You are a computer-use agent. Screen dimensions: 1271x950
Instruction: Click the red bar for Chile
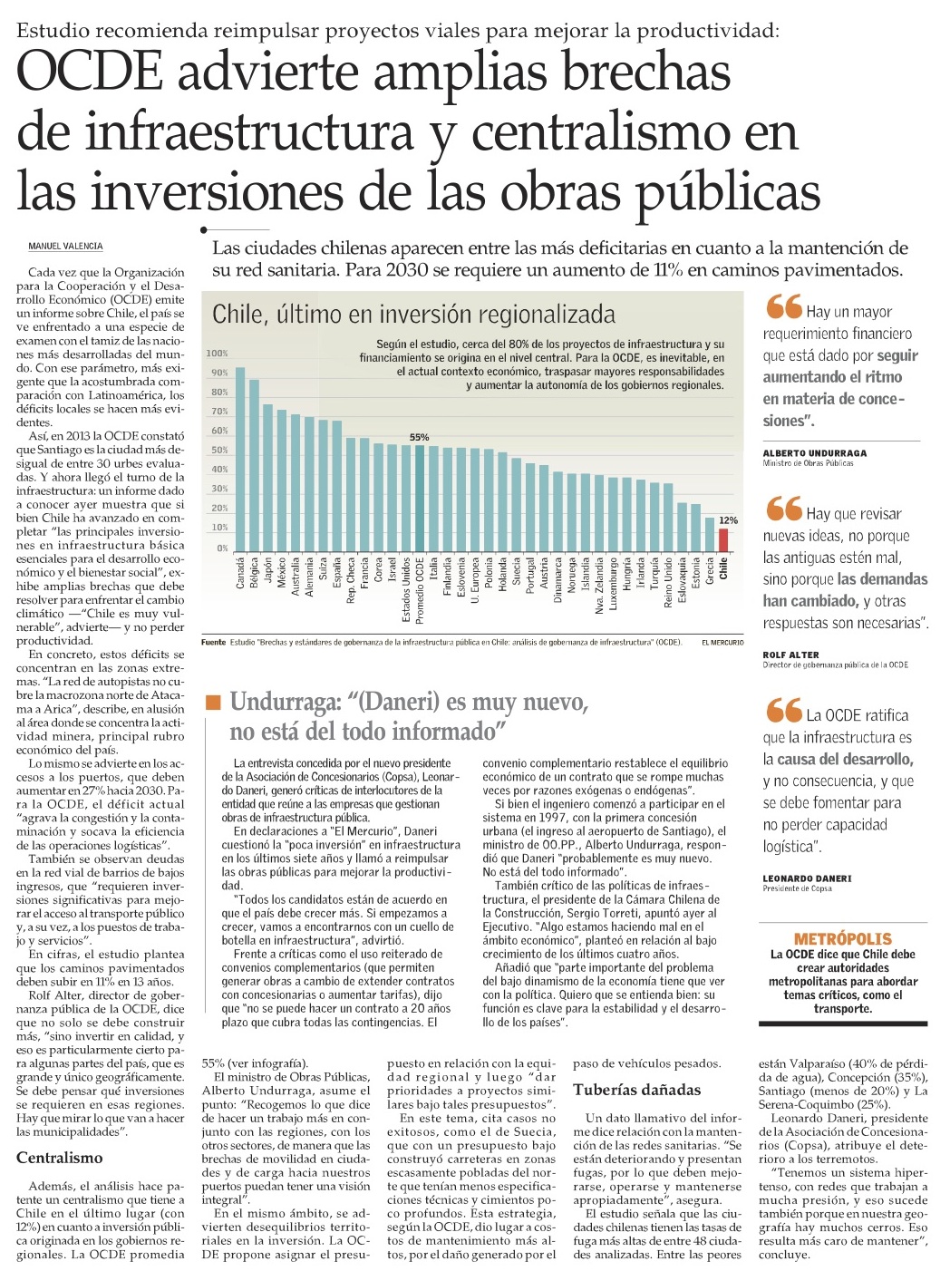[722, 539]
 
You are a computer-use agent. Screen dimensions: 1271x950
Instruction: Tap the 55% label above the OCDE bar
[419, 438]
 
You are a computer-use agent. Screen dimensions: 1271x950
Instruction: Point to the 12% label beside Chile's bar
[728, 520]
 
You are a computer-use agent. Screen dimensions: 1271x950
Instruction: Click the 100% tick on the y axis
[218, 354]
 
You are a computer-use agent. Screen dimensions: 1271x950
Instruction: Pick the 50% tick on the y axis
[218, 451]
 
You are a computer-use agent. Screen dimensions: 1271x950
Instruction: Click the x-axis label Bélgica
[255, 573]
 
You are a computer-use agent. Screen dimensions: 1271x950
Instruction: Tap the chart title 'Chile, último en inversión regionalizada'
[413, 315]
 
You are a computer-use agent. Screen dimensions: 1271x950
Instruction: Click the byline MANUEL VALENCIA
[65, 247]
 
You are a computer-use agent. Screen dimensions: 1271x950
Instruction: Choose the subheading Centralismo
[60, 1158]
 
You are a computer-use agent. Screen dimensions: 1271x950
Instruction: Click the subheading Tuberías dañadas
[636, 1090]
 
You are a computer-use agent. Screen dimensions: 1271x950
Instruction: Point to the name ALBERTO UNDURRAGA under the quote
[814, 452]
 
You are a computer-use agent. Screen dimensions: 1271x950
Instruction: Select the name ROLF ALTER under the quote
[790, 655]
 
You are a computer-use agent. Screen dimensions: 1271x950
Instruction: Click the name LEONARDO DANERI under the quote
[807, 878]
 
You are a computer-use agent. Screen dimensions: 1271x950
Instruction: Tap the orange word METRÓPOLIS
[842, 939]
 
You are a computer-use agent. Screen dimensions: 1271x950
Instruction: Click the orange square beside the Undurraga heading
[213, 702]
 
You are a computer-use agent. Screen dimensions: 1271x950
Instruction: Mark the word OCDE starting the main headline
[90, 73]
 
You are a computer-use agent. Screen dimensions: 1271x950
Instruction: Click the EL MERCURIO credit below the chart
[722, 643]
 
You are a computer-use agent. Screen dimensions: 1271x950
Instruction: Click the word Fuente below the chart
[213, 643]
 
